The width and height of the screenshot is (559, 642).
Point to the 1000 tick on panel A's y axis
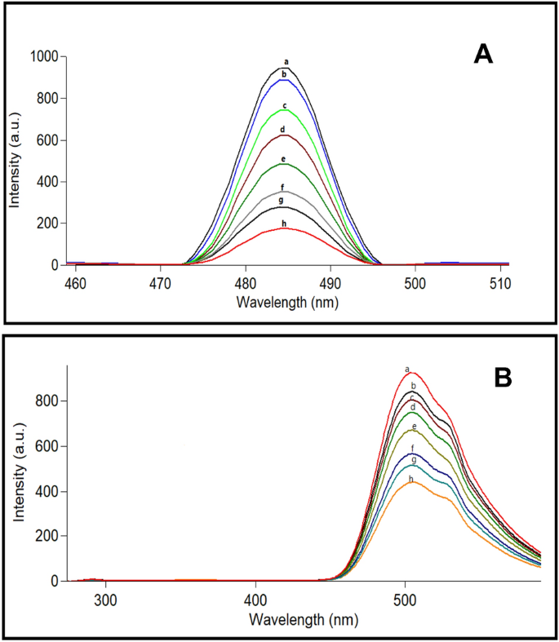45,56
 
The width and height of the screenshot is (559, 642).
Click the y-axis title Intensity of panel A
15,161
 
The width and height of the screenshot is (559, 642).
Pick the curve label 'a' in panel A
286,61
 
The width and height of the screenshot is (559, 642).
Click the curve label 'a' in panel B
406,369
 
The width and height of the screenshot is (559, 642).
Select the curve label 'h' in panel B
411,479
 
